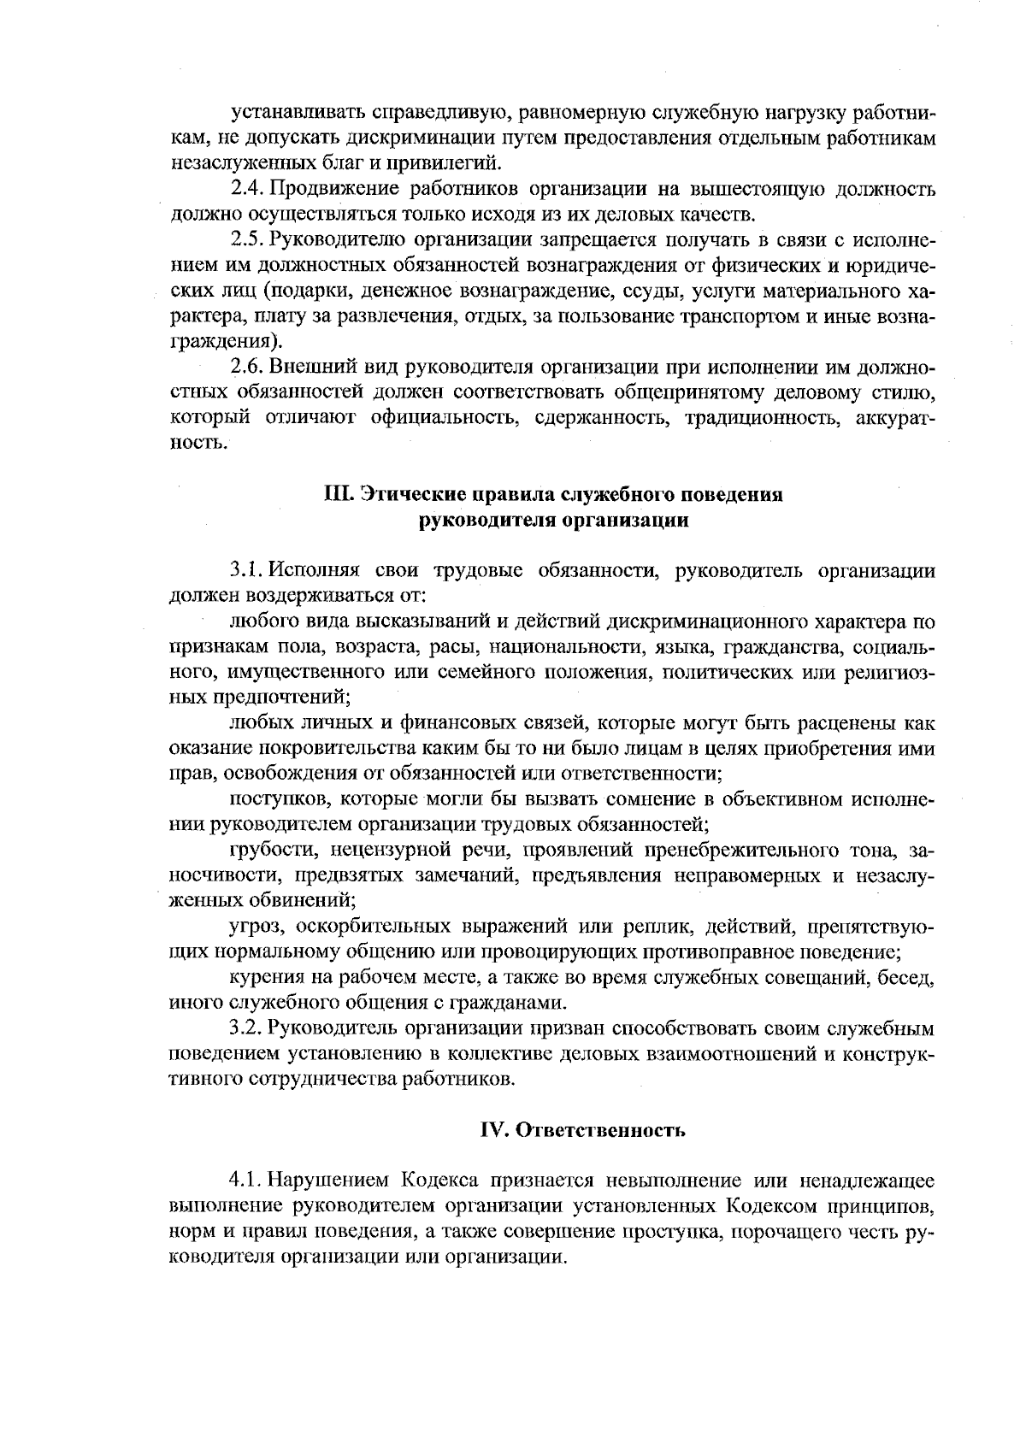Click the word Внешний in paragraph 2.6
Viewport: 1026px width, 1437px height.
[x=304, y=368]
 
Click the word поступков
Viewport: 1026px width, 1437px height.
[x=274, y=800]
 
